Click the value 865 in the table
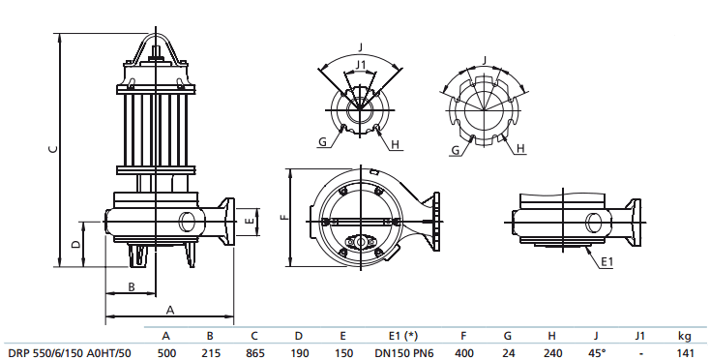coord(254,352)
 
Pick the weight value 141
coord(685,352)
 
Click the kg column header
coord(685,336)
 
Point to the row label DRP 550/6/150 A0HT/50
coord(69,352)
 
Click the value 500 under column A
coord(166,352)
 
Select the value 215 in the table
coord(211,352)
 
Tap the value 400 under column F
coord(463,352)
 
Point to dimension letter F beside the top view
coord(283,218)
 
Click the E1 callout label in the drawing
coord(606,261)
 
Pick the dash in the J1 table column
coord(639,352)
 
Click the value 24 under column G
coord(507,352)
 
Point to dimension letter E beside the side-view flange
coord(251,222)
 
